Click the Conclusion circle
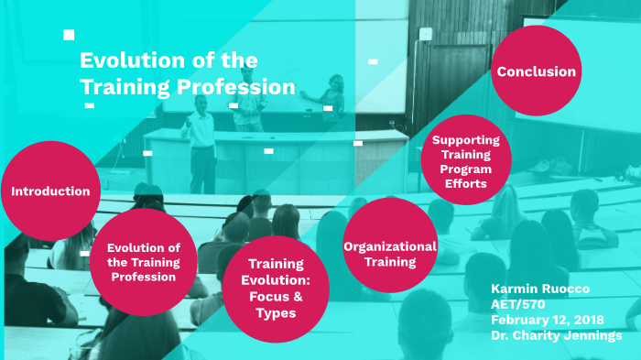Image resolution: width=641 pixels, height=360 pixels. (x=536, y=71)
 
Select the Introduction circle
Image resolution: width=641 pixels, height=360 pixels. (x=49, y=191)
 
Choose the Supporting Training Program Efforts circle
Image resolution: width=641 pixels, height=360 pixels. (x=466, y=162)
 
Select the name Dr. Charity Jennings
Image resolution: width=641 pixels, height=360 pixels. (x=556, y=335)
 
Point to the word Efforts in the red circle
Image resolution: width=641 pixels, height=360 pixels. (x=466, y=184)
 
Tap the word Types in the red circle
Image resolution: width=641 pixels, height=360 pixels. (x=277, y=313)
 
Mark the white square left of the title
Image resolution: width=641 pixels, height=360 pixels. (x=69, y=35)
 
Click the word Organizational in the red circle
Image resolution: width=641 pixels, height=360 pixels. (x=389, y=246)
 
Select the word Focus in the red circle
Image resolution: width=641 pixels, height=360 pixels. (x=264, y=297)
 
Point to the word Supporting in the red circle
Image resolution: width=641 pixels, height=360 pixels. (x=466, y=140)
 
